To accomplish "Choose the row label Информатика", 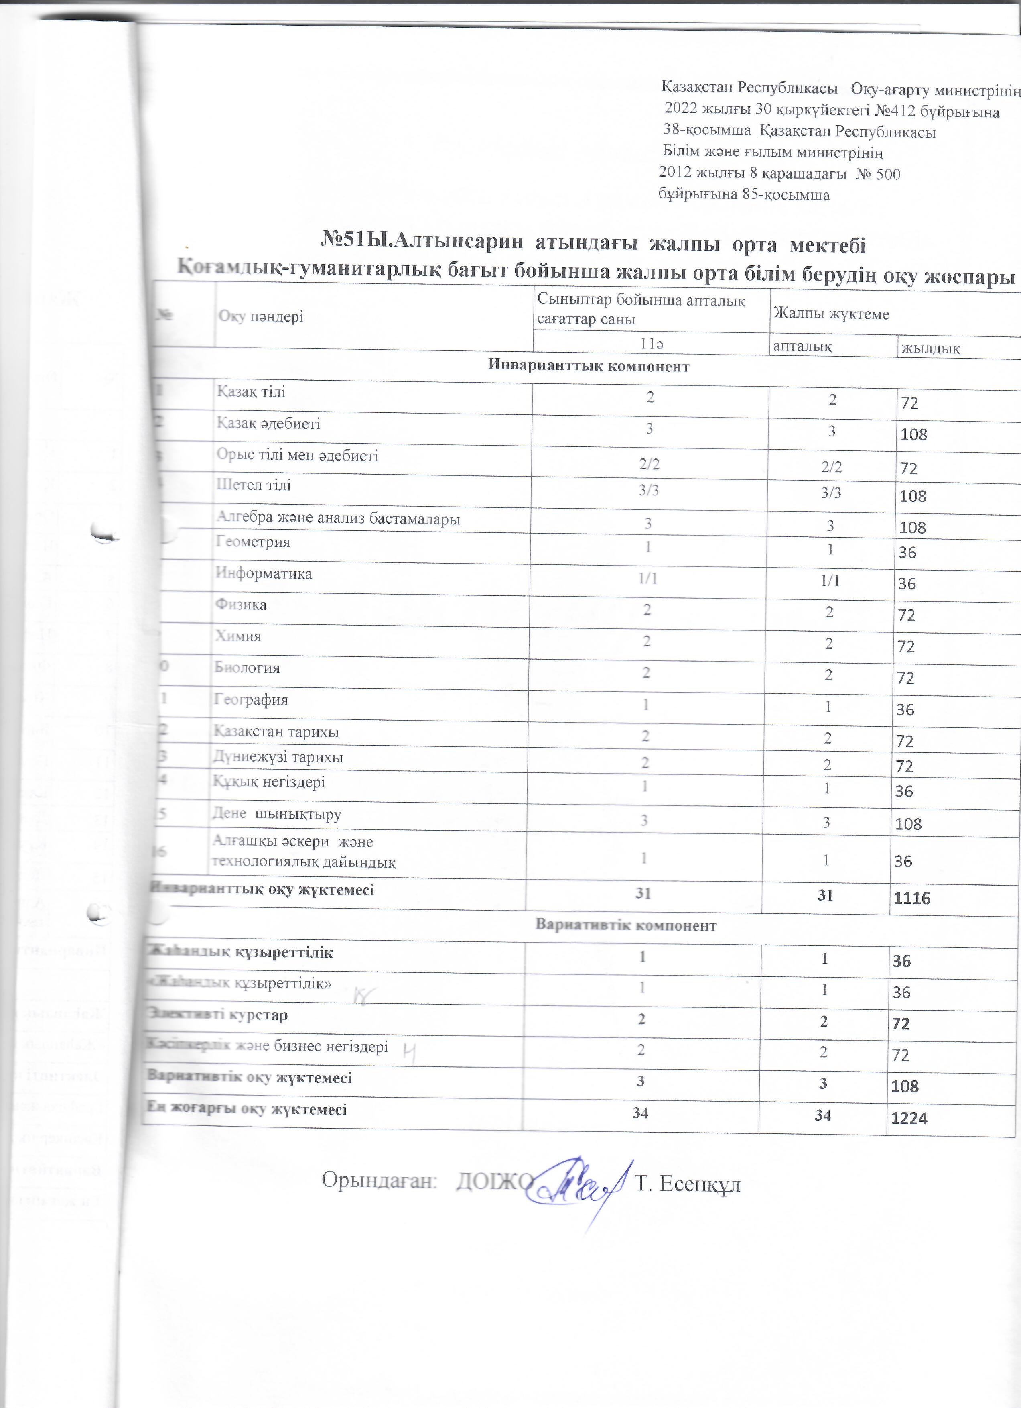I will click(264, 574).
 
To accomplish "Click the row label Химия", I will click(237, 636).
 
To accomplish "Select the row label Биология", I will click(247, 668).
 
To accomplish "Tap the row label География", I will click(251, 700).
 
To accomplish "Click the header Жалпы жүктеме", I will click(831, 314).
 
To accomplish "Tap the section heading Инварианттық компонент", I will click(589, 366).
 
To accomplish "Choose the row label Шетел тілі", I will click(254, 485).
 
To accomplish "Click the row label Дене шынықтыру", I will click(277, 814).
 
